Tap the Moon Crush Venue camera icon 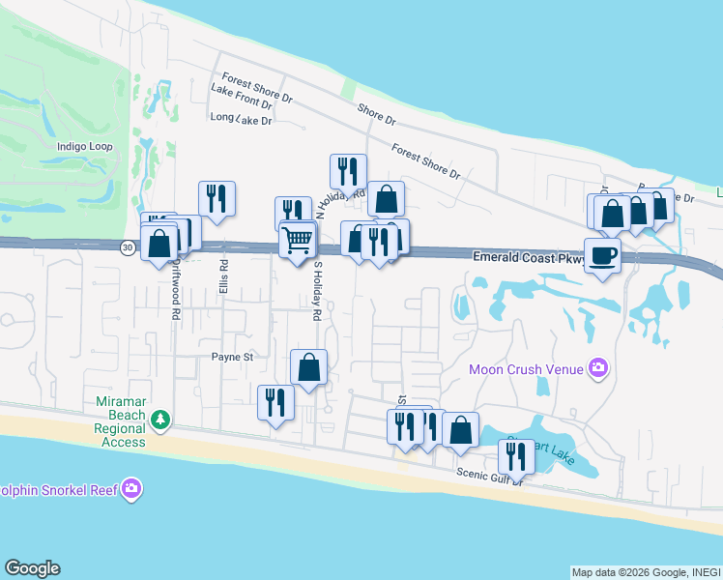(599, 367)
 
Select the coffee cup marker (602, 256)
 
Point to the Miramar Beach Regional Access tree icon (160, 420)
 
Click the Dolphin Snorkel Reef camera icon (132, 489)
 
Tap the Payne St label (233, 357)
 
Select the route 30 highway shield (128, 248)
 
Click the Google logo (32, 568)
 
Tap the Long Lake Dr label (242, 118)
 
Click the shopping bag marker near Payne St (308, 367)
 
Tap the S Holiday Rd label (316, 291)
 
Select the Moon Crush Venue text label (526, 368)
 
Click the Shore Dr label (377, 114)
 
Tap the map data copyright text (646, 572)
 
